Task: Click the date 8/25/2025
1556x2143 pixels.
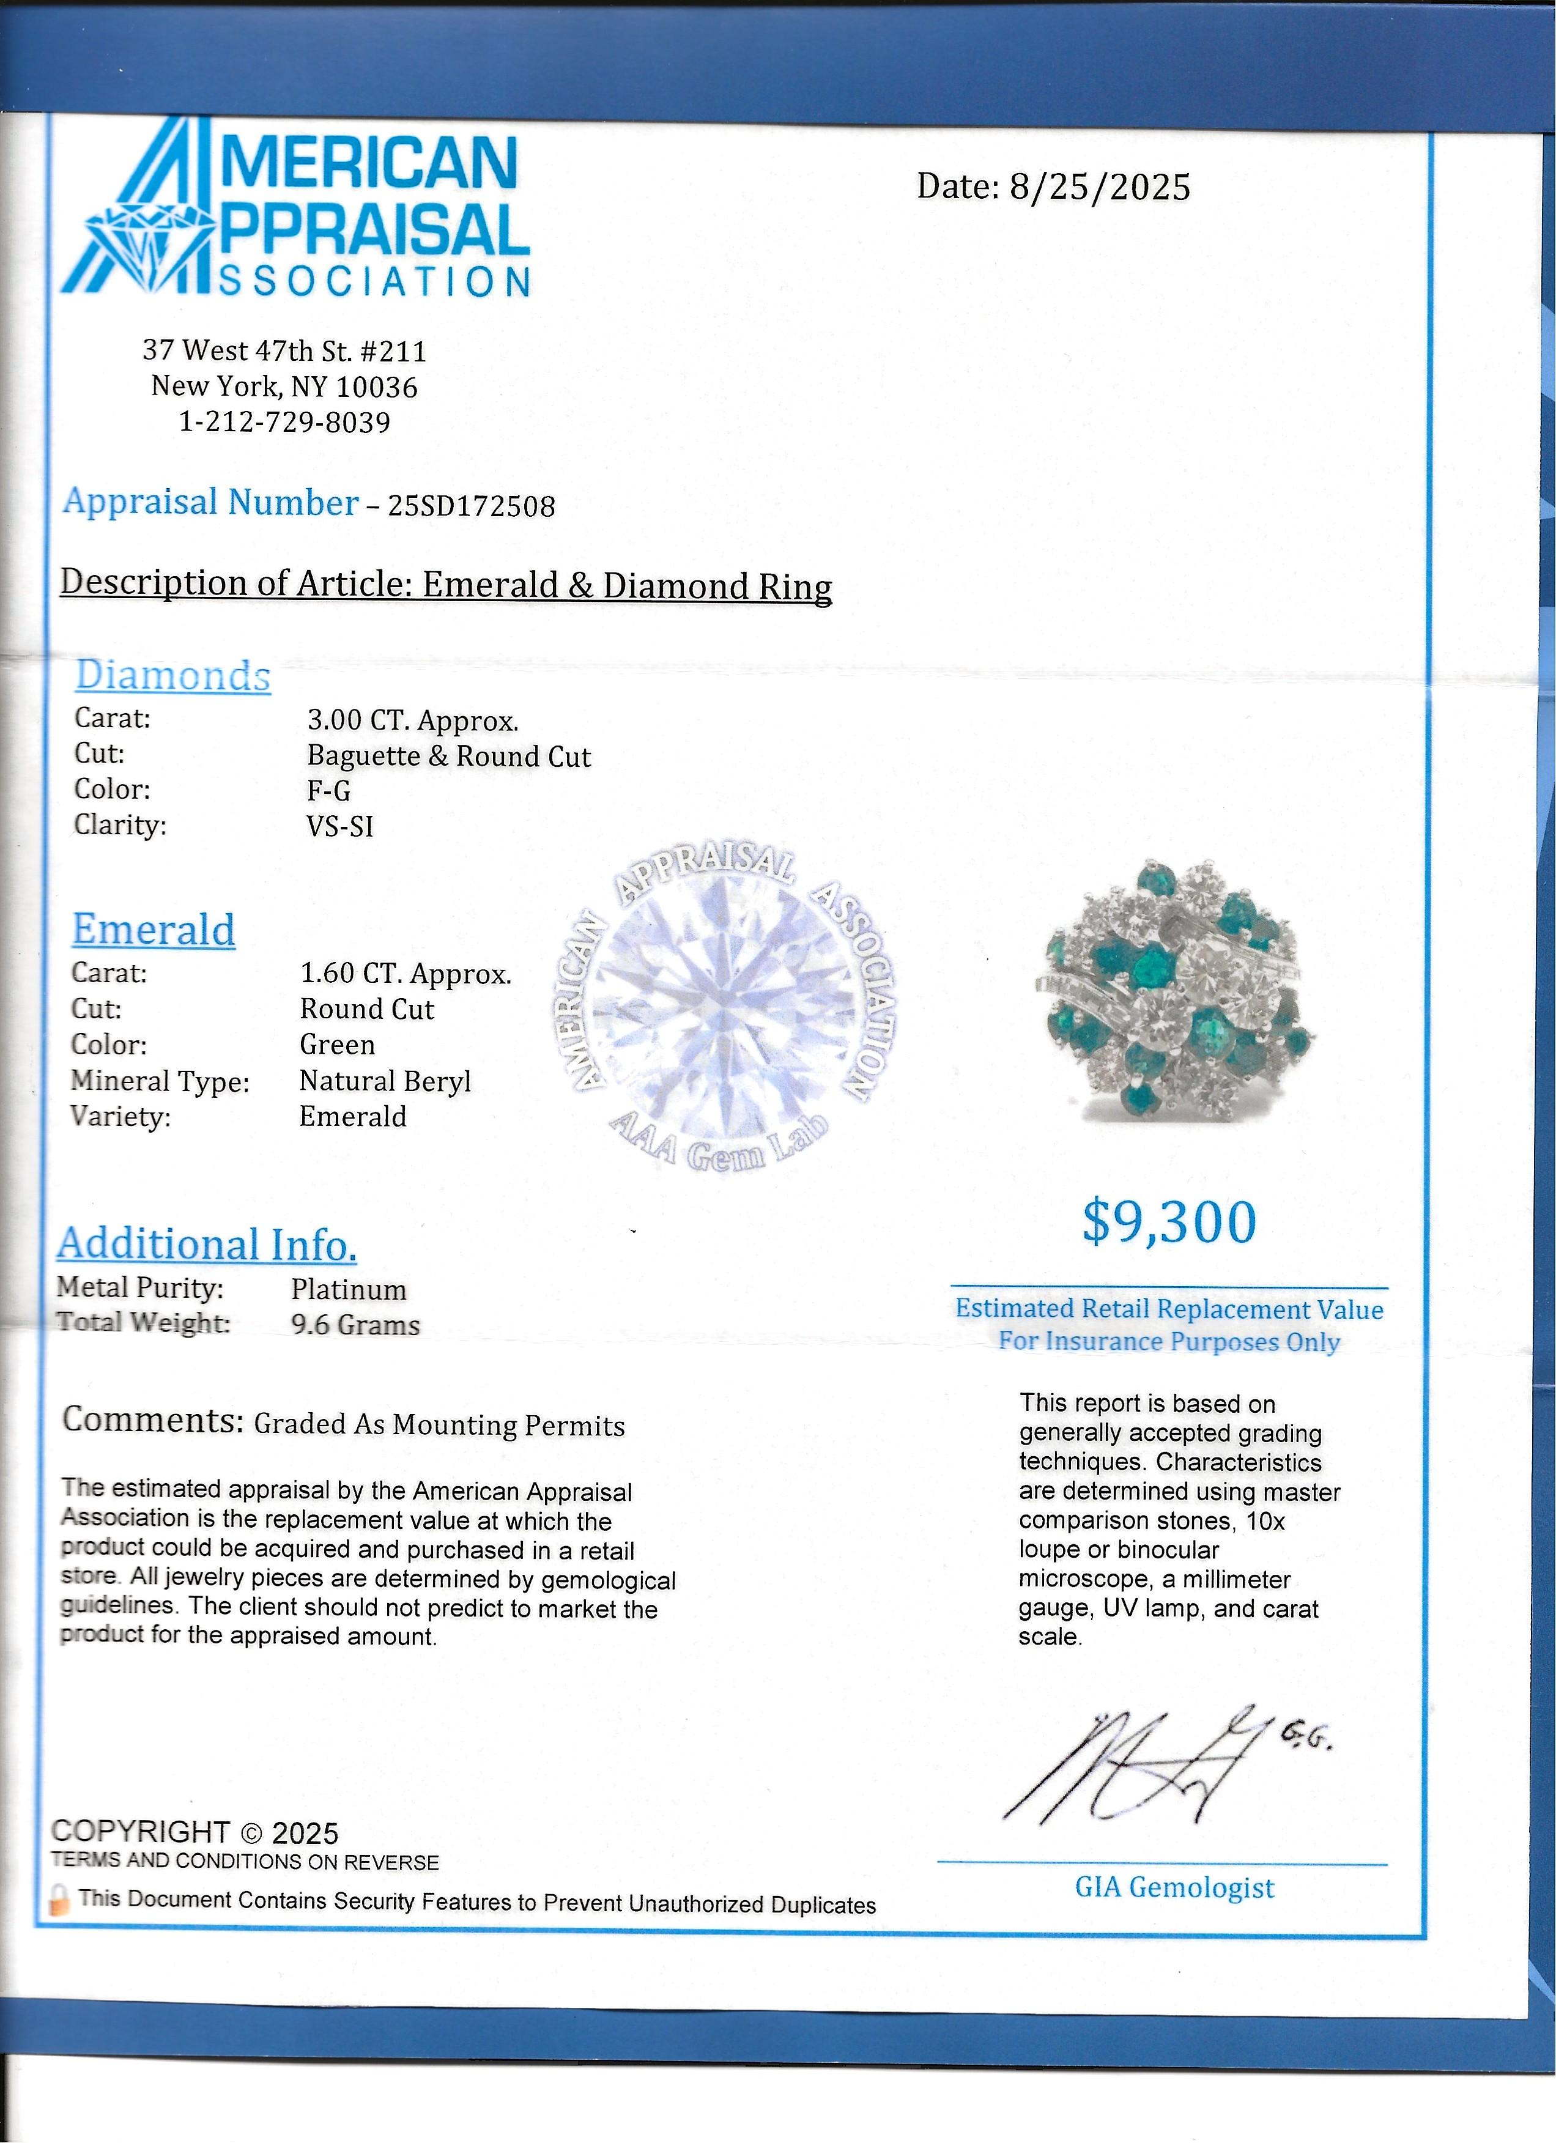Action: [x=1100, y=187]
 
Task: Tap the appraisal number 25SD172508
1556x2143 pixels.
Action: [x=472, y=506]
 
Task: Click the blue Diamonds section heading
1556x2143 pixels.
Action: [x=173, y=676]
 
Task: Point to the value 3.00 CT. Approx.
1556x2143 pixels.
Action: [x=413, y=721]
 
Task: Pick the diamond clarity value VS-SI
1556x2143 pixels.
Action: [x=340, y=827]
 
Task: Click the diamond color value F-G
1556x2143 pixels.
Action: [x=329, y=791]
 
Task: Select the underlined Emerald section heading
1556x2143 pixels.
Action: [x=154, y=929]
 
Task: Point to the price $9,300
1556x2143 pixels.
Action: [x=1169, y=1222]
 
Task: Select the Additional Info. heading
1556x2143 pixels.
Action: [x=207, y=1245]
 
